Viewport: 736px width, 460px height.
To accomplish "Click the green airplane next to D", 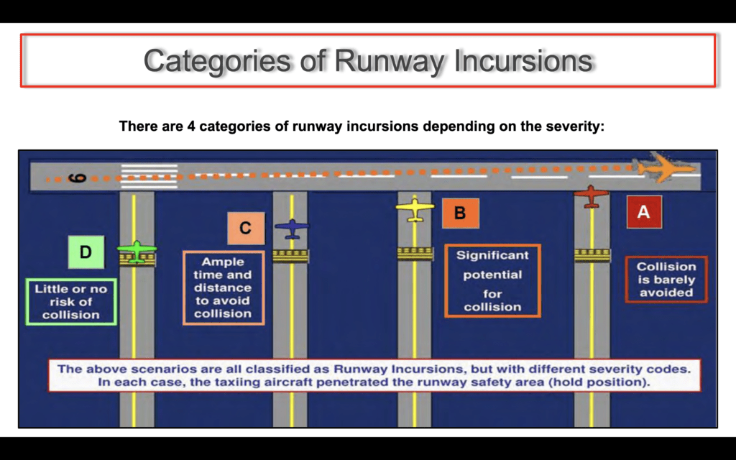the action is [x=137, y=251].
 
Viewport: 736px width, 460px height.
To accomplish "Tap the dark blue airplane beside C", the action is [x=292, y=229].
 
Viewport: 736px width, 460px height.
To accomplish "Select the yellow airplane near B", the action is [x=415, y=208].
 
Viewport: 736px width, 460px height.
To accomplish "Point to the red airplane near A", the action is [x=591, y=195].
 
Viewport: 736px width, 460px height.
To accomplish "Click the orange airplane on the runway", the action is [x=666, y=167].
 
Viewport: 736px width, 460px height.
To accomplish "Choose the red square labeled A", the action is [x=644, y=212].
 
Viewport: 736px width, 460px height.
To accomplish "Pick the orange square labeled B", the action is [x=461, y=213].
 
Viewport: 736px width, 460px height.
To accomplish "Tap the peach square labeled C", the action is [x=246, y=228].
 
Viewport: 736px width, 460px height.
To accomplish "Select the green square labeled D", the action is [x=86, y=252].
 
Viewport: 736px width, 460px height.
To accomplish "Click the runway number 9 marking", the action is [x=78, y=178].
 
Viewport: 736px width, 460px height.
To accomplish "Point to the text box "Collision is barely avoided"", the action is [x=666, y=280].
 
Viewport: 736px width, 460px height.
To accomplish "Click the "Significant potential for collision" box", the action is [x=492, y=281].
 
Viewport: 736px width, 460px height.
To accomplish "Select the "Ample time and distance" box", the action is [x=224, y=287].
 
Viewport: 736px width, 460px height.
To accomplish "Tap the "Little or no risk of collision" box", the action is [x=71, y=302].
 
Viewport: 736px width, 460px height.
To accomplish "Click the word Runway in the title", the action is [x=387, y=61].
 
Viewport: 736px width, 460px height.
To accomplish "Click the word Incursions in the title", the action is [x=523, y=60].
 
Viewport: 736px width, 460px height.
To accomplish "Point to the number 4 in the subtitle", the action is [x=191, y=126].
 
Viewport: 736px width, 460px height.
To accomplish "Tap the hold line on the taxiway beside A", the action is [x=592, y=255].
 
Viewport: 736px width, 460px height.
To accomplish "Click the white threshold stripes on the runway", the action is [x=149, y=176].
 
